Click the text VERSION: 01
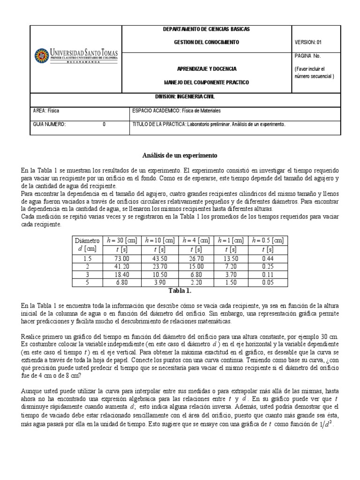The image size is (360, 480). coord(308,42)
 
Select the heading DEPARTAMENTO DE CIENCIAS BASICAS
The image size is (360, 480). coord(206,29)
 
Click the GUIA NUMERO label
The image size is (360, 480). coord(49,125)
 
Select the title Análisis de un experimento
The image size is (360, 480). coord(180,155)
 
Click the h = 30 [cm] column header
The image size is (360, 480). coord(122,240)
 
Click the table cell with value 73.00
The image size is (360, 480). coord(122,258)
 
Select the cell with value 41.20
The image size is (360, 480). coord(122,266)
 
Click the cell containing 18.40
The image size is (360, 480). coord(122,275)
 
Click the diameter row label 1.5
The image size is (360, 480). coord(87,258)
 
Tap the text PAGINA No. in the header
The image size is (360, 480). coord(307,56)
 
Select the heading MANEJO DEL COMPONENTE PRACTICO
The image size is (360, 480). coord(206,82)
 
